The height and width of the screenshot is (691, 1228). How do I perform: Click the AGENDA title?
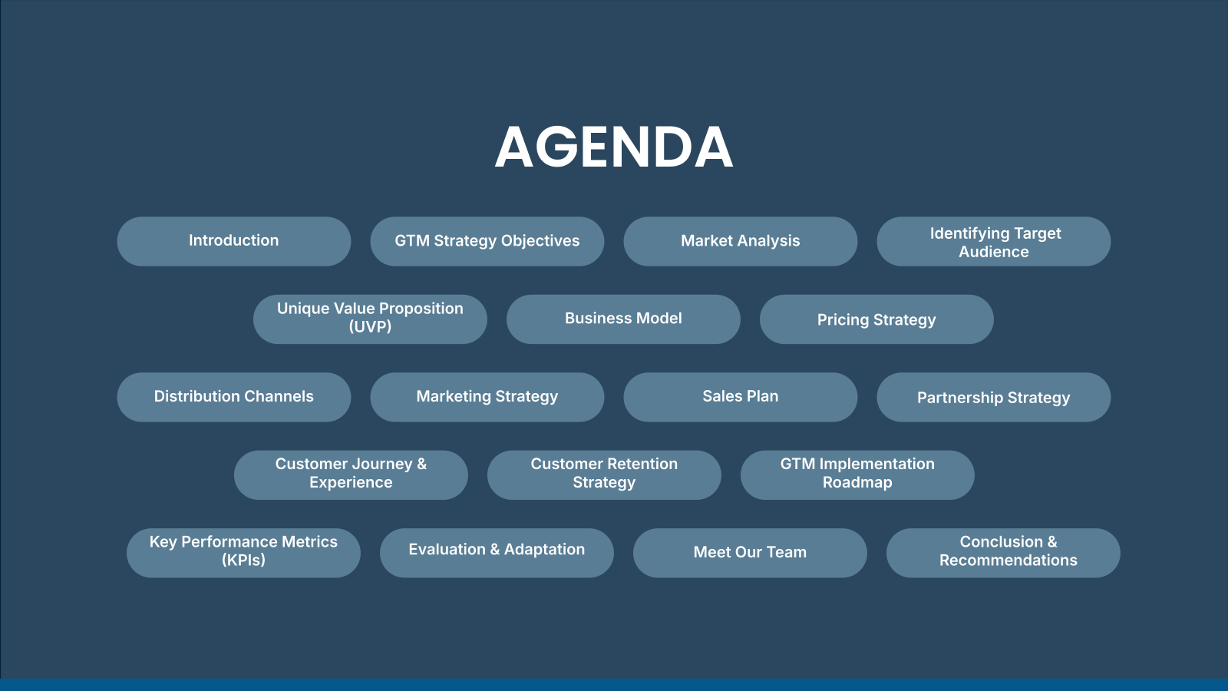(x=614, y=147)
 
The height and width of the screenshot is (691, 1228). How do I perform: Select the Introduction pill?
(x=234, y=241)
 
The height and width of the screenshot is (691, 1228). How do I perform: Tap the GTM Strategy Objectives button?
(x=487, y=241)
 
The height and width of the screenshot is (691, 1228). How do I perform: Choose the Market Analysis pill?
(x=741, y=241)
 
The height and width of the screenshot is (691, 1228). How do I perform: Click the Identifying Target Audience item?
(x=994, y=241)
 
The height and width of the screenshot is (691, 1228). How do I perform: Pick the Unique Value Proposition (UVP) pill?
(x=370, y=319)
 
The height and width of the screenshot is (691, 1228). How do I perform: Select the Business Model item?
(x=623, y=319)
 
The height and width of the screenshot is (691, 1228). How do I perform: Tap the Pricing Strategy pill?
(x=876, y=319)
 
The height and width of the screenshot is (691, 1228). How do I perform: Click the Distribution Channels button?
(x=234, y=397)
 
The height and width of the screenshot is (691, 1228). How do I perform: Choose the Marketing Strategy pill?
(x=487, y=397)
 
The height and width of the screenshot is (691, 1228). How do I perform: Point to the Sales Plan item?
(x=741, y=397)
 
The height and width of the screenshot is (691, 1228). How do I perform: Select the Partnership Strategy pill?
(x=994, y=397)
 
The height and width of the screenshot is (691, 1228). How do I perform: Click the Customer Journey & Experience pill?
(x=351, y=475)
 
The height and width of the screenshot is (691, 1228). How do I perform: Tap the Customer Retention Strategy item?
(x=604, y=475)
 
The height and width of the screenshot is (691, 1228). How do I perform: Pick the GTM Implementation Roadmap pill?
(x=857, y=475)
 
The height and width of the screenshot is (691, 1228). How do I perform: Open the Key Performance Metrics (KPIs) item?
(x=243, y=553)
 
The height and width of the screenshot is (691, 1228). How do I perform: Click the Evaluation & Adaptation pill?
(x=497, y=553)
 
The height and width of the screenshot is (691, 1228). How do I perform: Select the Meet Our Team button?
(x=750, y=553)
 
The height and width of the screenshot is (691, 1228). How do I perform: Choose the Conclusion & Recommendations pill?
(x=1003, y=553)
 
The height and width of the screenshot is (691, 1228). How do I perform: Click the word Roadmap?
(x=857, y=483)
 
